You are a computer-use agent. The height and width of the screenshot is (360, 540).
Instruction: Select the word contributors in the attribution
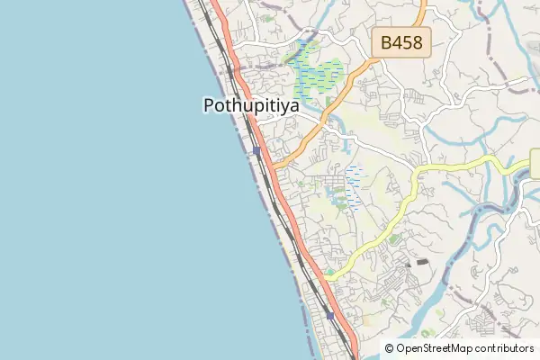click(x=504, y=347)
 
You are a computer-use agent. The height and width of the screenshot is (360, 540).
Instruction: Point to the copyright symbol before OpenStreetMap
click(x=390, y=347)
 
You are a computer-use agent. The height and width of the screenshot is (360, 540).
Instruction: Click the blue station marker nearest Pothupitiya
click(x=257, y=151)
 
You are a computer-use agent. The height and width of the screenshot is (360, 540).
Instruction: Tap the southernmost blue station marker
click(x=331, y=316)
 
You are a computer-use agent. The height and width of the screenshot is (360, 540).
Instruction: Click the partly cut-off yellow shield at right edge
click(x=535, y=165)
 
